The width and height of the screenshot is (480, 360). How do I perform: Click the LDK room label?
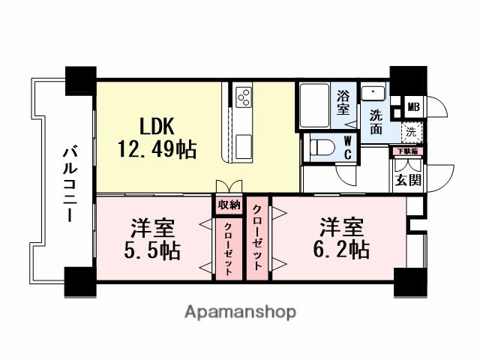tap(157, 124)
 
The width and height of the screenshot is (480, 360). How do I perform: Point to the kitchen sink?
tap(245, 145)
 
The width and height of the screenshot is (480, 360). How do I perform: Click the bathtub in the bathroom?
tap(315, 106)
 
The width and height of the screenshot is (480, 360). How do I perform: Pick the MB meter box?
tap(413, 106)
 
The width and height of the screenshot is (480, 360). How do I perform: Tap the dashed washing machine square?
tap(410, 132)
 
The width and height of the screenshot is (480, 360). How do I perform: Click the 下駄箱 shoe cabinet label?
tap(409, 151)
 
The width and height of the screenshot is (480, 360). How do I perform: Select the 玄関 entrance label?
tap(409, 179)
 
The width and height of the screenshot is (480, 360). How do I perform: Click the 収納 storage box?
tap(229, 205)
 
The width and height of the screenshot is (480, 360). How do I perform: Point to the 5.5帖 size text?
tap(152, 249)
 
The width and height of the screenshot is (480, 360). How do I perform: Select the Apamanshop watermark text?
tap(240, 310)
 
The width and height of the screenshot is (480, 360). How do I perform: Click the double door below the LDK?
tap(229, 187)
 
